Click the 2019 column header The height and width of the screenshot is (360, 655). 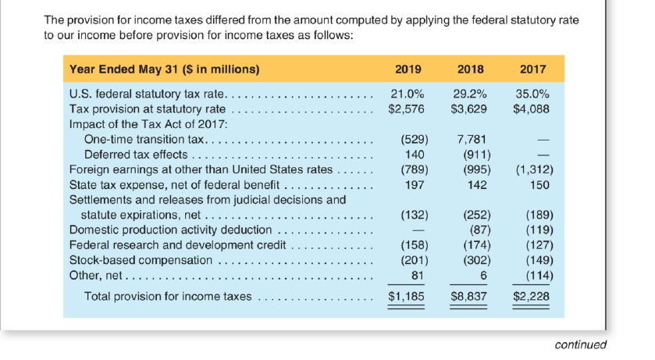coord(408,69)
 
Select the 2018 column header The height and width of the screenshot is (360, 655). coord(470,69)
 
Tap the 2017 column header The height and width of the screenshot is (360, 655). coord(532,69)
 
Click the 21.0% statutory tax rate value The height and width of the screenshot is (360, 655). coord(407,94)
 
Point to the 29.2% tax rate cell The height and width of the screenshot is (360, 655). coord(470,94)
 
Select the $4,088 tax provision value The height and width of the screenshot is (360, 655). coord(532,109)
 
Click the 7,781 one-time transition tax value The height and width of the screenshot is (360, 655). coord(472,139)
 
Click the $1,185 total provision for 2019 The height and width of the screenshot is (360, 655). coord(406,297)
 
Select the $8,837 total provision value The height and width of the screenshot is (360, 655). coord(469,297)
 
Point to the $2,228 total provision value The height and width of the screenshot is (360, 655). coord(532,297)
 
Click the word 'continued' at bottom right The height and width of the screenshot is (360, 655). coord(580,344)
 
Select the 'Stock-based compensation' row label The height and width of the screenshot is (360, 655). coord(141,260)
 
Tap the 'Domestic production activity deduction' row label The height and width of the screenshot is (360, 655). coord(170,230)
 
